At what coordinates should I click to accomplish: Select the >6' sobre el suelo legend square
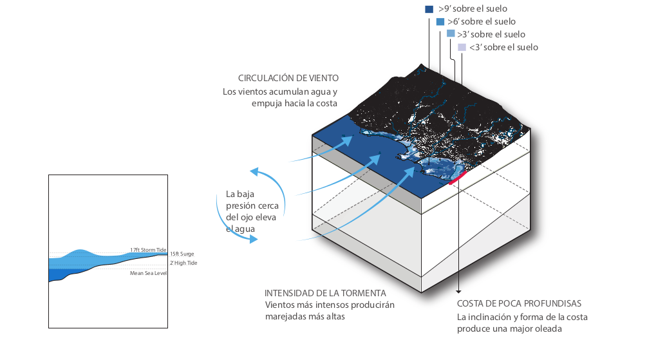440,22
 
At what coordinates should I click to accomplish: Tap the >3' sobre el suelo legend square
451,33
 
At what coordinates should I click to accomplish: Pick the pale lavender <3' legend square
461,47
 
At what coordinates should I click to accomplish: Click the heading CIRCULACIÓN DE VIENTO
288,78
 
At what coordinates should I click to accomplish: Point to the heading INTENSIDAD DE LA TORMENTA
325,292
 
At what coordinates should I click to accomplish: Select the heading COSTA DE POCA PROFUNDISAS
519,303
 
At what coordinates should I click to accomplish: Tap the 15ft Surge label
182,254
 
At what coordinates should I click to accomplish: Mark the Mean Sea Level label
148,273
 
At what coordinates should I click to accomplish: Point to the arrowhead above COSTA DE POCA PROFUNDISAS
458,290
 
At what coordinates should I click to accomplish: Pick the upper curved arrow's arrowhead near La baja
254,171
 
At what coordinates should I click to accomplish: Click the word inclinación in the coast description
492,317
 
